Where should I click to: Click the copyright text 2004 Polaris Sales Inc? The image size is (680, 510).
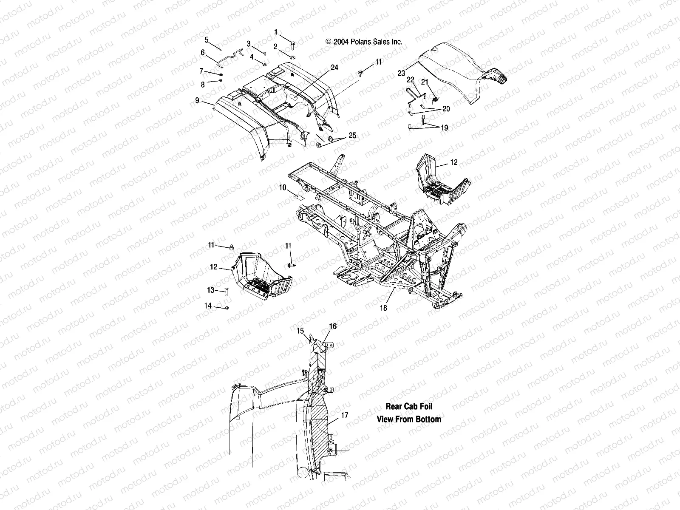[364, 42]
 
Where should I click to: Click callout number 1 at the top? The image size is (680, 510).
[276, 32]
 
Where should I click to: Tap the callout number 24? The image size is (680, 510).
[334, 68]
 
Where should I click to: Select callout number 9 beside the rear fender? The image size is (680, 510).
[197, 101]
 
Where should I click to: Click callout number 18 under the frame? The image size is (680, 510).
[384, 308]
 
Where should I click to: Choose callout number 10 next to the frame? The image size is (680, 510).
[283, 187]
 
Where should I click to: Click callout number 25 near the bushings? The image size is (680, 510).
[352, 136]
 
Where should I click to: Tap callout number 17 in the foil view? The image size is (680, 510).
[345, 415]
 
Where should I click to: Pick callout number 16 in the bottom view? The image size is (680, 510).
[333, 326]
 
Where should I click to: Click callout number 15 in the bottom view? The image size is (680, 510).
[300, 330]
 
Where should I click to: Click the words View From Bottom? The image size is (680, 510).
[409, 419]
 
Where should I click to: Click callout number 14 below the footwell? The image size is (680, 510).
[208, 306]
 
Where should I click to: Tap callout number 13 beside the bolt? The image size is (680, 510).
[211, 290]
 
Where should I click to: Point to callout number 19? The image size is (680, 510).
[445, 127]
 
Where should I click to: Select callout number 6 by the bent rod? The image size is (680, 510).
[203, 53]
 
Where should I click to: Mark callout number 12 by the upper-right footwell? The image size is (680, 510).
[454, 162]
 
